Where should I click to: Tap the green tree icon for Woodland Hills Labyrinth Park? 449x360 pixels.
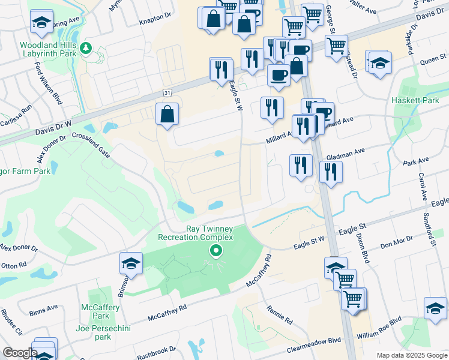tap(86, 48)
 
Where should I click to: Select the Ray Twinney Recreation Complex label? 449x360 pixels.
tap(195, 233)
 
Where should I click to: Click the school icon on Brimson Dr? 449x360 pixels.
tap(130, 263)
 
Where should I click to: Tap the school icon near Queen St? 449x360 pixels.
tap(380, 62)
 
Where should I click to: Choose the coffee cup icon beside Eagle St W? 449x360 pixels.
tap(277, 75)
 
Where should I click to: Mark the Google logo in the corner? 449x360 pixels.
tap(19, 352)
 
